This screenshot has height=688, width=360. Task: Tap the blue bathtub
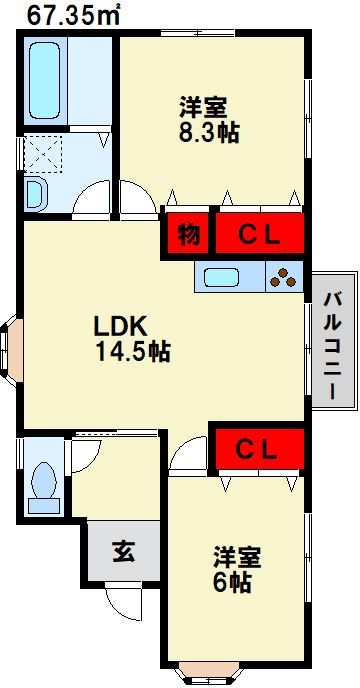pyautogui.click(x=44, y=80)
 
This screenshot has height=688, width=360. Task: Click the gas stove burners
pyautogui.click(x=285, y=278)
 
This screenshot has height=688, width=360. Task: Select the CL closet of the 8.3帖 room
pyautogui.click(x=257, y=235)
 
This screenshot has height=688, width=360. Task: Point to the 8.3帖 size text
pyautogui.click(x=208, y=132)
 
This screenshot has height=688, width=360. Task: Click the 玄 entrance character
pyautogui.click(x=124, y=550)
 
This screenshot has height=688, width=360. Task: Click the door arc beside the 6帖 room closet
pyautogui.click(x=187, y=457)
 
